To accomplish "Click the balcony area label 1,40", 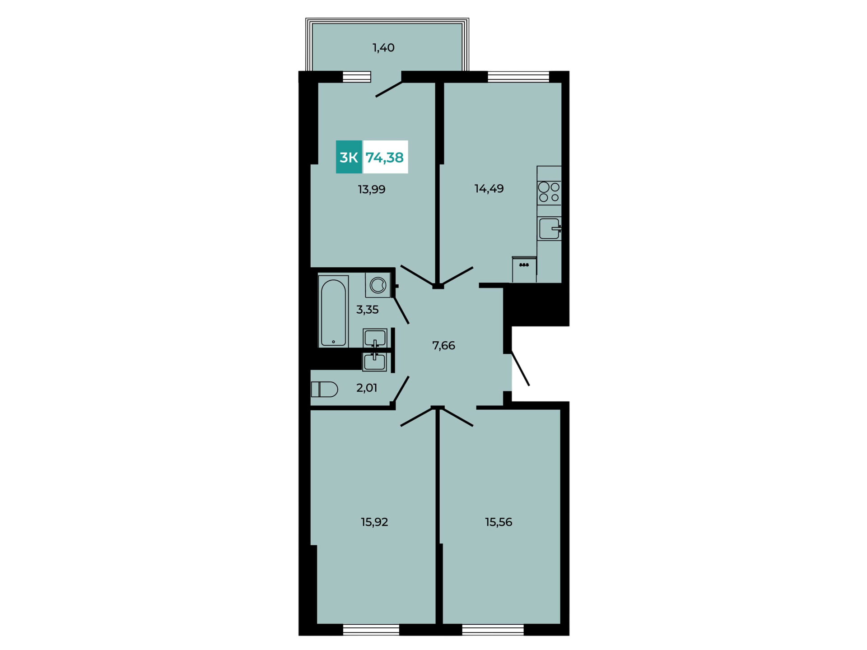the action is click(383, 48).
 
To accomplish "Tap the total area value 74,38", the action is click(385, 158).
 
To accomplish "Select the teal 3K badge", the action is click(349, 157).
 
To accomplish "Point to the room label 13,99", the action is click(372, 190).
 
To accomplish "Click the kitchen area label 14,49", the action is click(489, 189).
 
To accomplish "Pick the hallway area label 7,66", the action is click(443, 346).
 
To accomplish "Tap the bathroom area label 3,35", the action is click(367, 310).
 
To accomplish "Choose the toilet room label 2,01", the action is click(367, 388).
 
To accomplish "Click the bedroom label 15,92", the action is click(374, 522).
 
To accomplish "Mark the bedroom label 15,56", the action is click(499, 522).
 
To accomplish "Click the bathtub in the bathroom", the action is click(333, 311).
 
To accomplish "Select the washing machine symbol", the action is click(378, 285).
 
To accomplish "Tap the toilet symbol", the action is click(324, 389).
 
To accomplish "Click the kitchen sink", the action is click(550, 228).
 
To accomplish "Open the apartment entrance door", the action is click(520, 369).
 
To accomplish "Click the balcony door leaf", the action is click(389, 89).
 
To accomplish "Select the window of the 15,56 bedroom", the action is click(493, 630).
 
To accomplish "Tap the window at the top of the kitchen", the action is click(518, 77).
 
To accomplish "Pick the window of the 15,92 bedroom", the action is click(371, 630).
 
